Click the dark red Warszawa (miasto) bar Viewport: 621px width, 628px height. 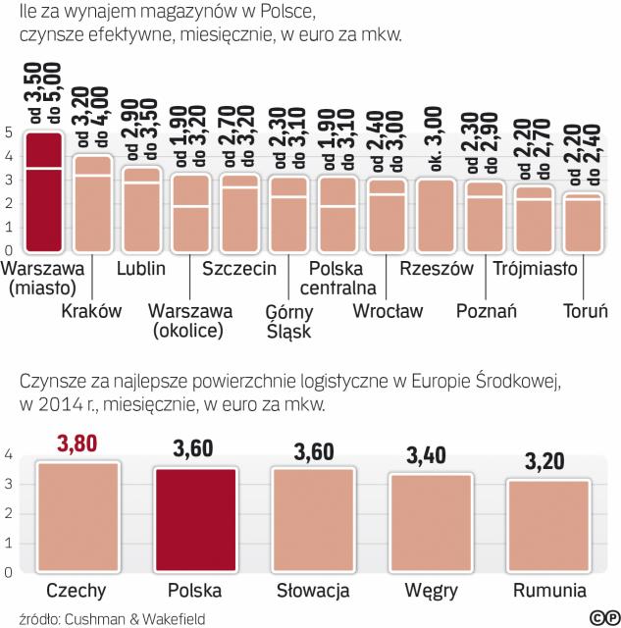[x=44, y=191]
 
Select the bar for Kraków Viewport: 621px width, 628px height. [x=93, y=204]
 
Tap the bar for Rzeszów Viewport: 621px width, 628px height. [x=436, y=215]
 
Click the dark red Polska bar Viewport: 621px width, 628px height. [x=195, y=519]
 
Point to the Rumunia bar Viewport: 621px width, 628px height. [x=548, y=526]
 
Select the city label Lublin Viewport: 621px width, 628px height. [x=140, y=268]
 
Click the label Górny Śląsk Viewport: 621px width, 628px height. [x=288, y=321]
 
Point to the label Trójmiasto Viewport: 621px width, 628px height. [x=535, y=268]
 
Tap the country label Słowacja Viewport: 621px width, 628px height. [x=312, y=592]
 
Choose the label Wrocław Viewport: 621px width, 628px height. [x=388, y=312]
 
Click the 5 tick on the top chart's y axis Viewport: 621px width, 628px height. [x=8, y=132]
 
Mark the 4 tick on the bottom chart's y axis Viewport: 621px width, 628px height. [x=8, y=454]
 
